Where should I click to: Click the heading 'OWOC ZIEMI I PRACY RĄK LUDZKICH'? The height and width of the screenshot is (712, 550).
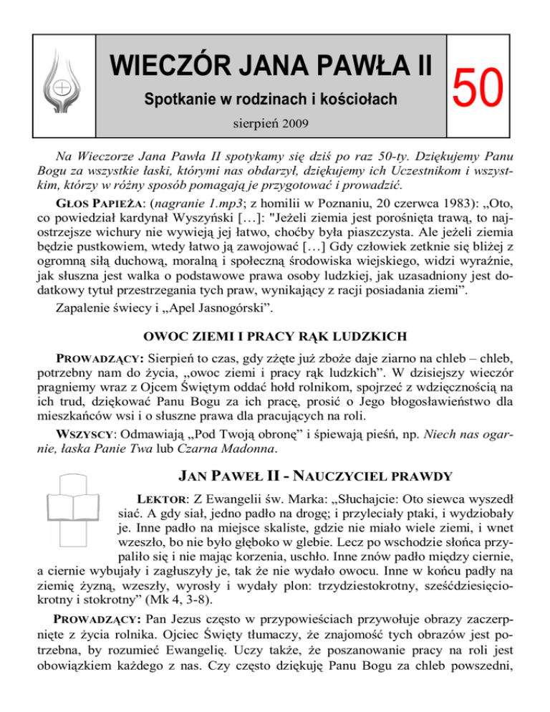[x=274, y=335]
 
